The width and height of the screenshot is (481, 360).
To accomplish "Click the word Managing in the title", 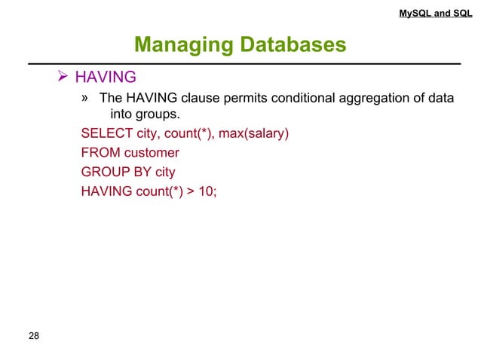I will click(179, 46).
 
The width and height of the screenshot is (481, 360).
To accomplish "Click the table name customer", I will click(152, 153).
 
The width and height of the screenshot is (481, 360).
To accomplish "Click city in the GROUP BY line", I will click(165, 172).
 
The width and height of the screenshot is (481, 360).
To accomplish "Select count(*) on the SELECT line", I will click(190, 134).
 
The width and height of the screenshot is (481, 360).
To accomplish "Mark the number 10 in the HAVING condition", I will click(206, 191).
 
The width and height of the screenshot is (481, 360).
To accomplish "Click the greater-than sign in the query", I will click(189, 191).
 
